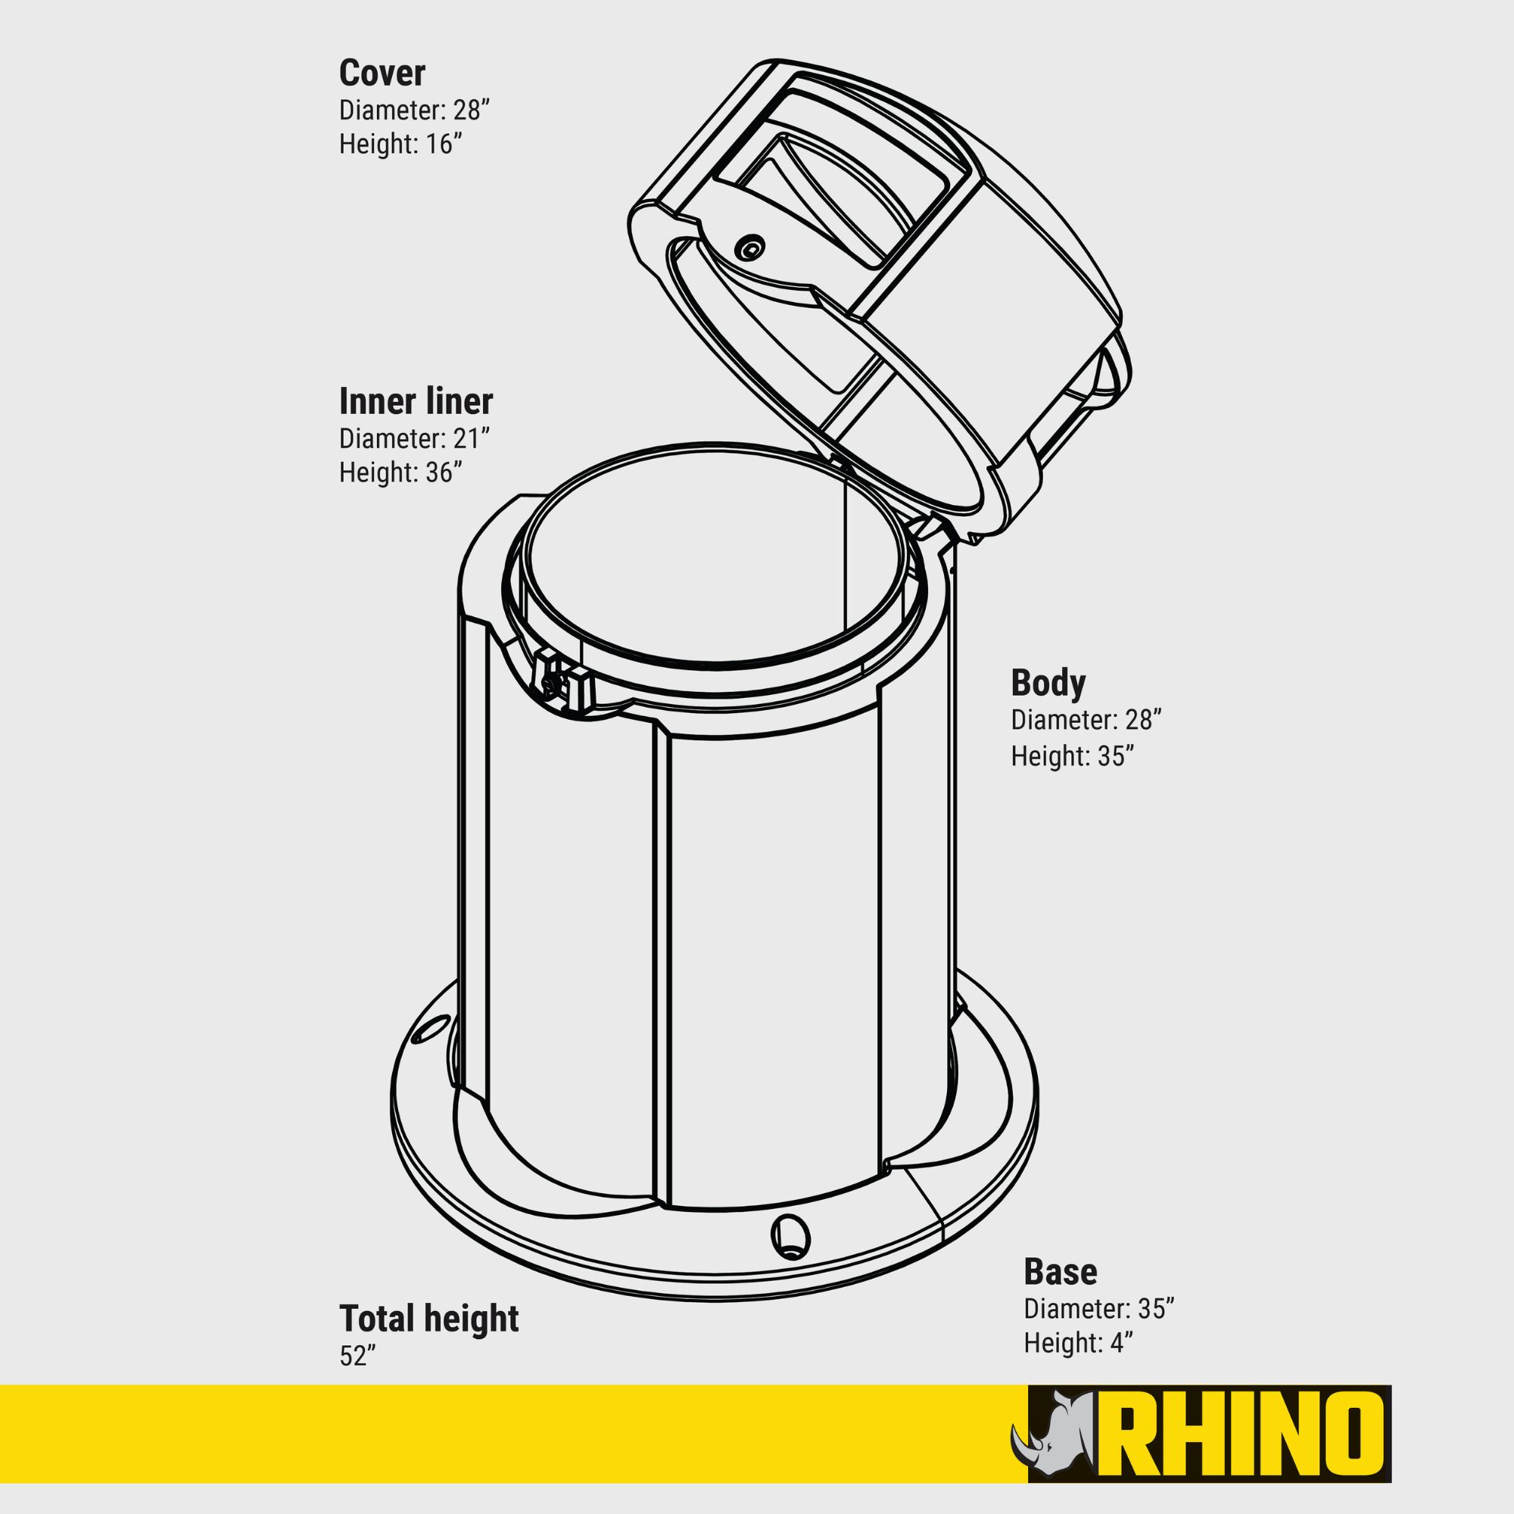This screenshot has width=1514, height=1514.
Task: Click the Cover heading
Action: tap(382, 73)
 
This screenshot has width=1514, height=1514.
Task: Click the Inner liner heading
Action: tap(416, 401)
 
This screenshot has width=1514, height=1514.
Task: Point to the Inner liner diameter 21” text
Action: tap(415, 438)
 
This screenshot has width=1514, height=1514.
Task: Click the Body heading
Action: tap(1048, 684)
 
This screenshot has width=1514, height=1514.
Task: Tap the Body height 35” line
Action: tap(1072, 755)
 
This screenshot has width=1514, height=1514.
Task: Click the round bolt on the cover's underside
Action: tap(751, 248)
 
